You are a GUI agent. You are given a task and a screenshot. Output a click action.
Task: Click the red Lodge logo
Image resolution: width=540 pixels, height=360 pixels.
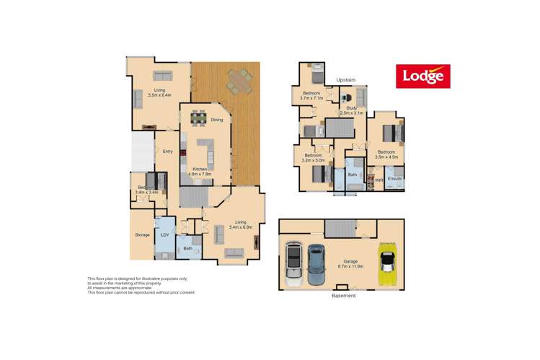click(x=422, y=76)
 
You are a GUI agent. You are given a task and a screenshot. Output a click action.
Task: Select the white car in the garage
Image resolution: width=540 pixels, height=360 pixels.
click(x=293, y=265)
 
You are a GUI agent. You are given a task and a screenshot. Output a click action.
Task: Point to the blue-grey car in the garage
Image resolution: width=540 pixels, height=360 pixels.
click(x=317, y=263)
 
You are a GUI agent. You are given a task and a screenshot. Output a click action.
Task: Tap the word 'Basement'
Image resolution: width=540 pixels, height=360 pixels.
click(x=343, y=296)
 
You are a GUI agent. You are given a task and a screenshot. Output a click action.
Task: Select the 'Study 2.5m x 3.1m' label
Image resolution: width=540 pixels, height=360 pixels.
click(x=353, y=110)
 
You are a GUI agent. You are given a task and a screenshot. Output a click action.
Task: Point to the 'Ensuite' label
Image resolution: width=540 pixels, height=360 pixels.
click(x=394, y=177)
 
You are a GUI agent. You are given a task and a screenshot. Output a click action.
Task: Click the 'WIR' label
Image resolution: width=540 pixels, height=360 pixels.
click(x=377, y=178)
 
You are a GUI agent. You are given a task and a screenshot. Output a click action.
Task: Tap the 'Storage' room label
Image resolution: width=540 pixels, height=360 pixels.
click(x=141, y=234)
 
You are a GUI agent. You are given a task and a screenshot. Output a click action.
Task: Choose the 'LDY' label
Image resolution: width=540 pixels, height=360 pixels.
click(x=164, y=234)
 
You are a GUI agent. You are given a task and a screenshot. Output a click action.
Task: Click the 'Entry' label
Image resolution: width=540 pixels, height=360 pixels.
click(x=167, y=152)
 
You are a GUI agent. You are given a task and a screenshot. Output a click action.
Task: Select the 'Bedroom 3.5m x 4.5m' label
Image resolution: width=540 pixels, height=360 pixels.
click(x=387, y=154)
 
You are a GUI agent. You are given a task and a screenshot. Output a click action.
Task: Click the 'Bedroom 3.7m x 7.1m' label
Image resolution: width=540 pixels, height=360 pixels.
click(x=311, y=96)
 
